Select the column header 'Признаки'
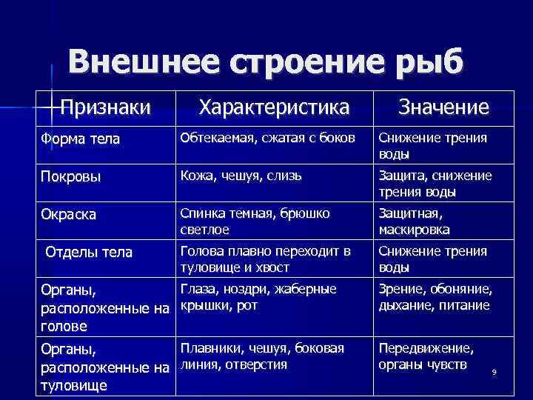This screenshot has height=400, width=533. pyautogui.click(x=106, y=107)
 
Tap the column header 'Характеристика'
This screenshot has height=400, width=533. pyautogui.click(x=274, y=107)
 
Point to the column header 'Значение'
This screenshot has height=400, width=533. pyautogui.click(x=443, y=107)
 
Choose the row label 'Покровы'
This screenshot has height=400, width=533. pyautogui.click(x=70, y=177)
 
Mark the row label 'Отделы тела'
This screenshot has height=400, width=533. pyautogui.click(x=89, y=253)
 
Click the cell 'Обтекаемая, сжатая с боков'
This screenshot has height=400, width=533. pyautogui.click(x=267, y=139)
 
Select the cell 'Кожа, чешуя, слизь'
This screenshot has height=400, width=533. pyautogui.click(x=241, y=176)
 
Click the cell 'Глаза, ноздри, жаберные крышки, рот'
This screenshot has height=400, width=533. pyautogui.click(x=258, y=297)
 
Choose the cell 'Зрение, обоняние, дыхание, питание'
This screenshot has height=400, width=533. pyautogui.click(x=435, y=297)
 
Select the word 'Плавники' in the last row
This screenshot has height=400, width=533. pyautogui.click(x=210, y=347)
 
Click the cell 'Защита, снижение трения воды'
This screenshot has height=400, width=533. pyautogui.click(x=435, y=184)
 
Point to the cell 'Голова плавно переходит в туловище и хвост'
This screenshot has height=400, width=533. pyautogui.click(x=265, y=259)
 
